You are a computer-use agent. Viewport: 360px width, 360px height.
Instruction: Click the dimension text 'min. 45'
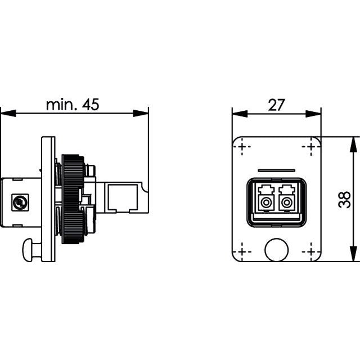(x=73, y=105)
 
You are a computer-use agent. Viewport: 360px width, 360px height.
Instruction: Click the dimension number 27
(x=276, y=105)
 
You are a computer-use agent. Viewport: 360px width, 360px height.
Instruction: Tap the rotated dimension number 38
(x=344, y=200)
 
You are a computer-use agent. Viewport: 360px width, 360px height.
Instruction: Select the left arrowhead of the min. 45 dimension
(x=8, y=113)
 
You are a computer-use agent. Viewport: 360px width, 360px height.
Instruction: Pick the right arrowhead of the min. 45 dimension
(x=141, y=113)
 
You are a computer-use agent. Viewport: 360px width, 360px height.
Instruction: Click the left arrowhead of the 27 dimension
(x=240, y=114)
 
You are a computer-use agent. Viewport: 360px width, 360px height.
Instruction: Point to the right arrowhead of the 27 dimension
(x=313, y=114)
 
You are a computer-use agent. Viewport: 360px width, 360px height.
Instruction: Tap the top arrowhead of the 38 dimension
(x=353, y=145)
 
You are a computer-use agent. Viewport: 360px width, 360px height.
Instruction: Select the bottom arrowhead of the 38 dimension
(x=353, y=254)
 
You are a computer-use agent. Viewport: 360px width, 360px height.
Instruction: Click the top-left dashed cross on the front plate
(x=242, y=146)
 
